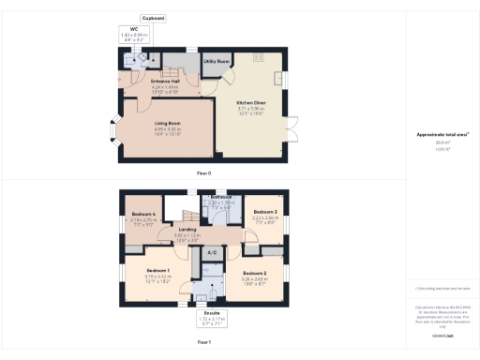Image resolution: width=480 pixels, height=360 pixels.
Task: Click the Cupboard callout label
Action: point(154,18)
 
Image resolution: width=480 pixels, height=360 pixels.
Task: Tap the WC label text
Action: point(134,29)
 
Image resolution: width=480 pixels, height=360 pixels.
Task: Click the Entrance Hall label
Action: point(165,82)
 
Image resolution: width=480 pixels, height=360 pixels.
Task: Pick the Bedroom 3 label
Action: point(265,212)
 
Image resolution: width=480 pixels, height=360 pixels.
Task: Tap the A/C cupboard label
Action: point(212,252)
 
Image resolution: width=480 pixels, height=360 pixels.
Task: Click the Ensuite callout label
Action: point(212,313)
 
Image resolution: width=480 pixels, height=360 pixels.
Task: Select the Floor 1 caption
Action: point(203,343)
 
